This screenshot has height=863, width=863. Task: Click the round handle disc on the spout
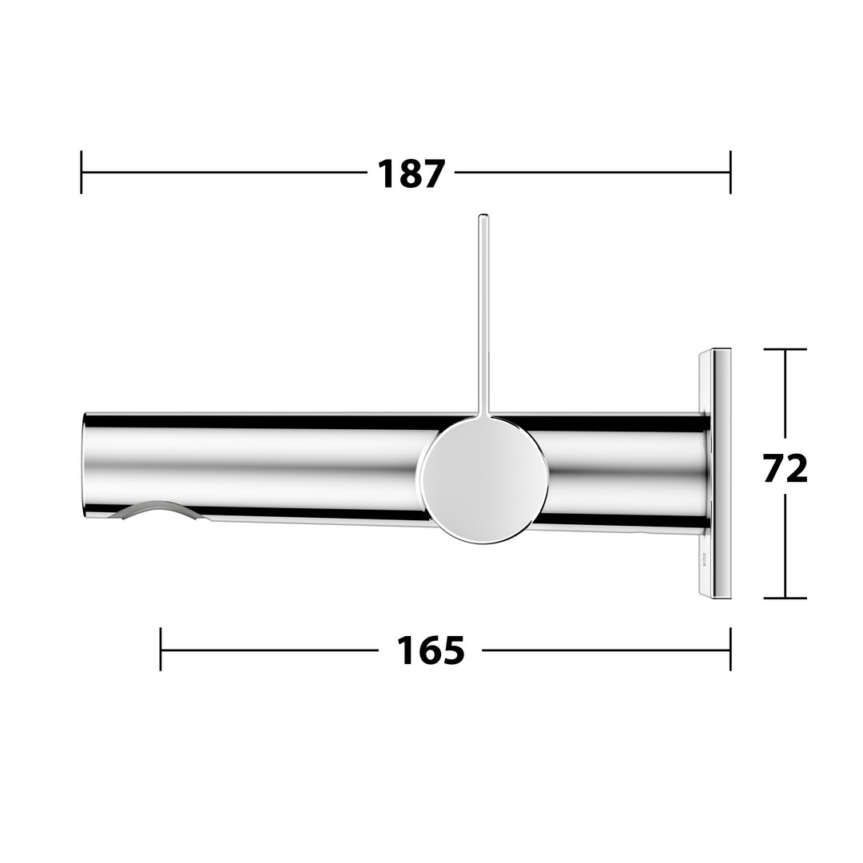pos(483,481)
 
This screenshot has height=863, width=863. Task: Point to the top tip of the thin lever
pos(483,215)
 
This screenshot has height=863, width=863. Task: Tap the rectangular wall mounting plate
pos(715,473)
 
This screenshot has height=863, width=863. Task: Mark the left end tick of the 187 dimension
pos(82,172)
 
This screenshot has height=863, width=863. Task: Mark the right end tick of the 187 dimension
pos(730,172)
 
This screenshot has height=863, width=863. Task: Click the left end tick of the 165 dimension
pos(161,650)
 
